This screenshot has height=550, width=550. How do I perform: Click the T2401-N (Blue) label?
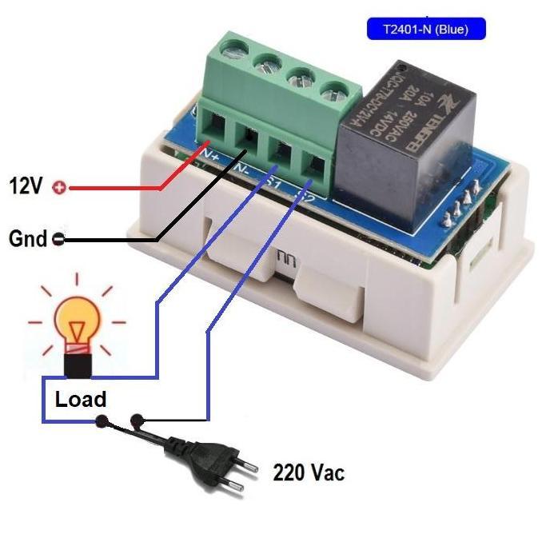[x=425, y=30]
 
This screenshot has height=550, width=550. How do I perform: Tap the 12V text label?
[x=26, y=187]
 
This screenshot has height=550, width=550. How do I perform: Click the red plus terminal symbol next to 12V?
[x=58, y=188]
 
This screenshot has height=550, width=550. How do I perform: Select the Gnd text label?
[x=26, y=238]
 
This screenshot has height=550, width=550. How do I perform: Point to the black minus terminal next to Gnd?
[x=58, y=238]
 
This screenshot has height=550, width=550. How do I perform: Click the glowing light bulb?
[x=77, y=325]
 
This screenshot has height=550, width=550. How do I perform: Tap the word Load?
[x=80, y=399]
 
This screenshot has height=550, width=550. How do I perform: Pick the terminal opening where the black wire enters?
[x=250, y=136]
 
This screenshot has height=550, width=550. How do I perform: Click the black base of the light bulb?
[x=78, y=365]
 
